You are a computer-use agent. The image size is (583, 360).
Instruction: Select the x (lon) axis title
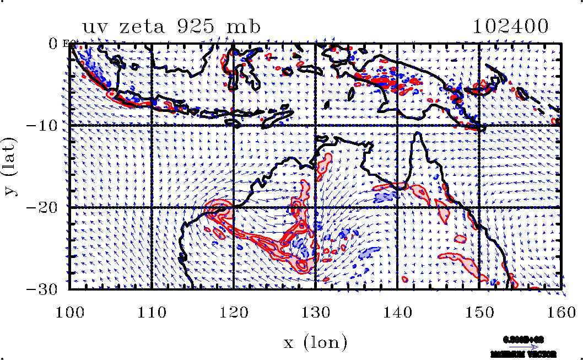tap(315, 343)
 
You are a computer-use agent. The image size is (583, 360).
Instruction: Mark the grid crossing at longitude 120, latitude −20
tap(234, 207)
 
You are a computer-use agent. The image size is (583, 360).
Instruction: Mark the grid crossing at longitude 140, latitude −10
tap(397, 125)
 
